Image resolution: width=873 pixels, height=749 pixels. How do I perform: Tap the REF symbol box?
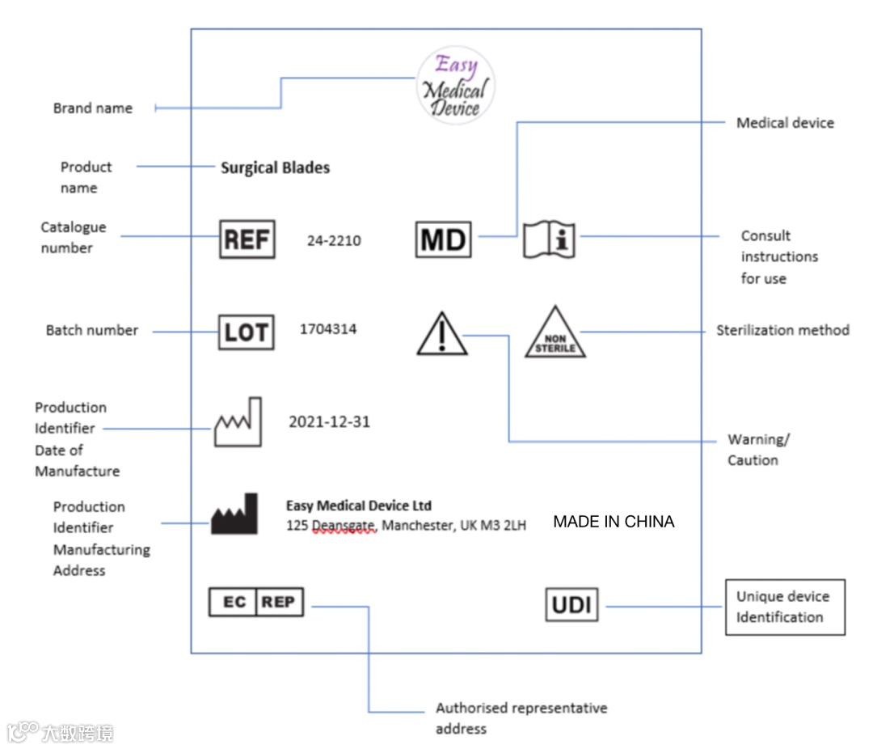(247, 239)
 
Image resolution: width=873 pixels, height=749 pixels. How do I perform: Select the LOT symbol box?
(247, 332)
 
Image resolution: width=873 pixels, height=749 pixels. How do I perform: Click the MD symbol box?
(443, 239)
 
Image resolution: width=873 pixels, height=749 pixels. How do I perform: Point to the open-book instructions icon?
(549, 239)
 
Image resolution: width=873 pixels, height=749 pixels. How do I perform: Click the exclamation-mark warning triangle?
(442, 335)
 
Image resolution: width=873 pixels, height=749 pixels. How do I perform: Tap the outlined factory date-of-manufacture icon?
(238, 422)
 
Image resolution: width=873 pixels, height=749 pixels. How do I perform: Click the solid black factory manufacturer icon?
(234, 514)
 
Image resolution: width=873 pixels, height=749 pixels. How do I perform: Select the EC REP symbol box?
(256, 603)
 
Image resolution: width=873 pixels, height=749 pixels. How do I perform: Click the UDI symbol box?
(571, 604)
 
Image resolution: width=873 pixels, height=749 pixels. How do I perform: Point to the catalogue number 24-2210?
(334, 240)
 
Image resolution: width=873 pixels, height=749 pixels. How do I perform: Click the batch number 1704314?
(328, 329)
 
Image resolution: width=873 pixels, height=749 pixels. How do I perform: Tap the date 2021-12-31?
(329, 422)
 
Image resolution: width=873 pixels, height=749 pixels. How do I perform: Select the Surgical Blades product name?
(276, 168)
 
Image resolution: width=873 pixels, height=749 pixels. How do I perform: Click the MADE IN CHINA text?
(614, 522)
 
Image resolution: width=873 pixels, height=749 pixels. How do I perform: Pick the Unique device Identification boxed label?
(784, 607)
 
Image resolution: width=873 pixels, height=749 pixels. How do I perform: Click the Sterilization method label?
(782, 330)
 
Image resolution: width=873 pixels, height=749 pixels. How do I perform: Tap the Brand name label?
(93, 108)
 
